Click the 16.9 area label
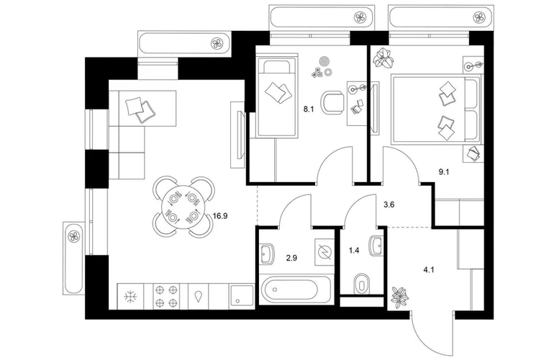click(220, 216)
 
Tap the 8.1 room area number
click(309, 109)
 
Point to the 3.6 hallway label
click(389, 204)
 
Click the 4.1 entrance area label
click(429, 270)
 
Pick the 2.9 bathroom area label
click(291, 258)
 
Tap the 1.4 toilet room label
click(354, 251)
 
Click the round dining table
click(183, 207)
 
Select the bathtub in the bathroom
click(296, 289)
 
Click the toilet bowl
click(360, 283)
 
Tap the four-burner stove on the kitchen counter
click(166, 296)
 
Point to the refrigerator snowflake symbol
click(131, 296)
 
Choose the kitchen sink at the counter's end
click(241, 297)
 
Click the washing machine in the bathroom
click(324, 252)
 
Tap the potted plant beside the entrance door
click(400, 296)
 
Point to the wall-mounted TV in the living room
click(240, 135)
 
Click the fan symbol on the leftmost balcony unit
click(74, 237)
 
